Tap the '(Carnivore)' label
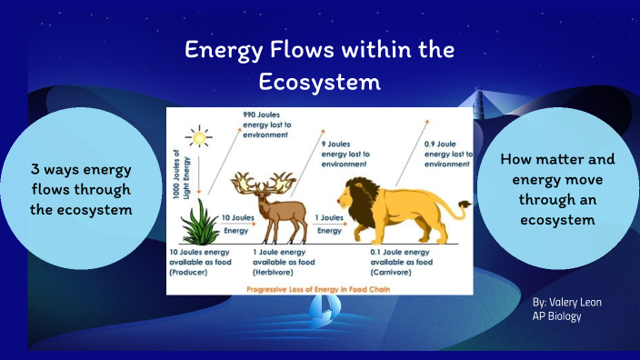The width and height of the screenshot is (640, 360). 366,270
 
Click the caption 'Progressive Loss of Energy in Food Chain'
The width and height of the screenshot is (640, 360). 319,289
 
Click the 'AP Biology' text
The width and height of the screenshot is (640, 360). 556,315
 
